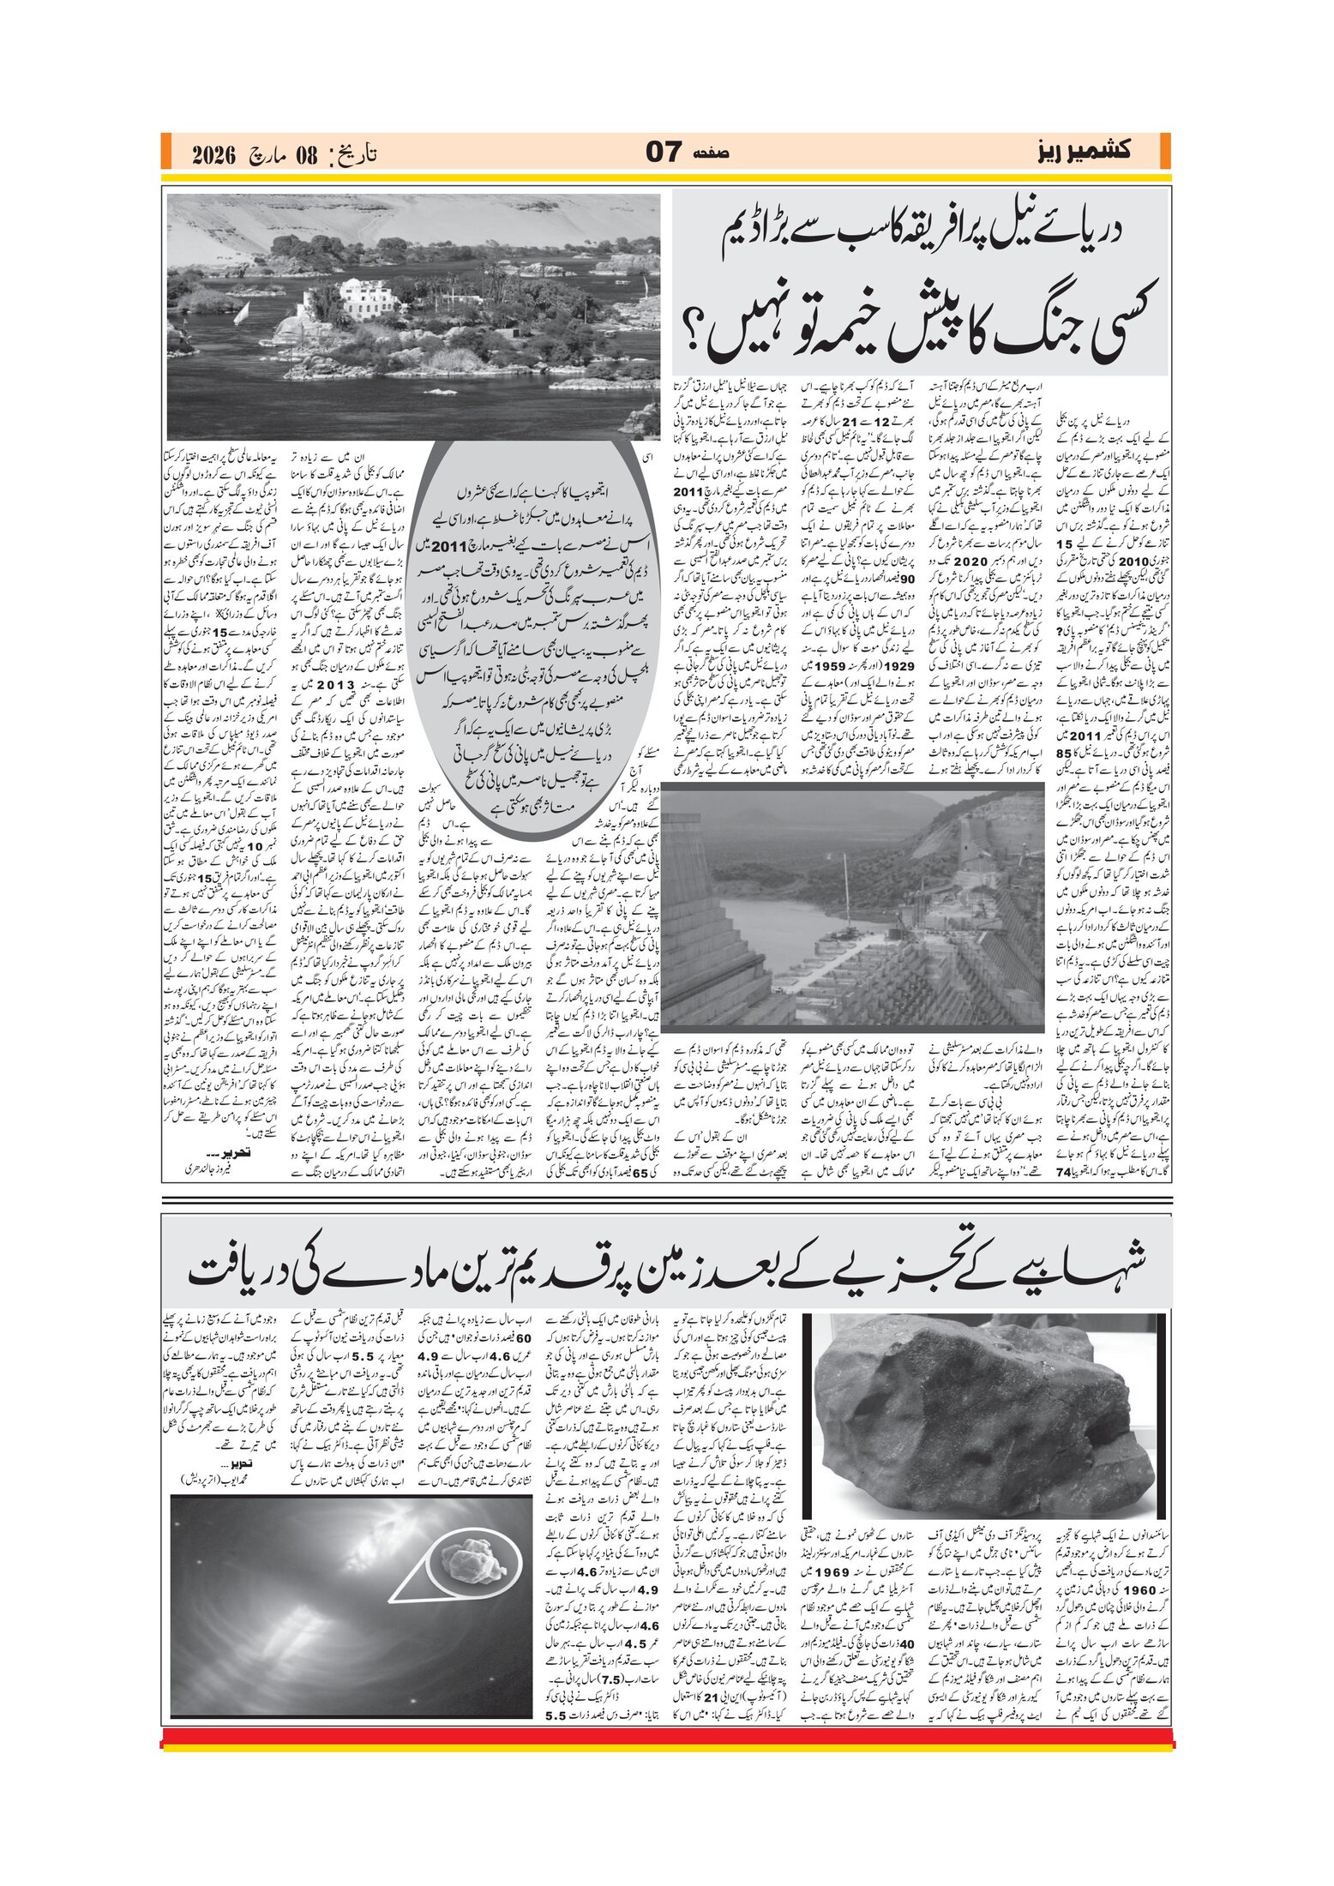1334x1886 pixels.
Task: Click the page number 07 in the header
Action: coord(663,153)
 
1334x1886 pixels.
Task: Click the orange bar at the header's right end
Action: coord(1164,152)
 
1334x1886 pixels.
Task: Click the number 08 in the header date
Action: coord(306,156)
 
